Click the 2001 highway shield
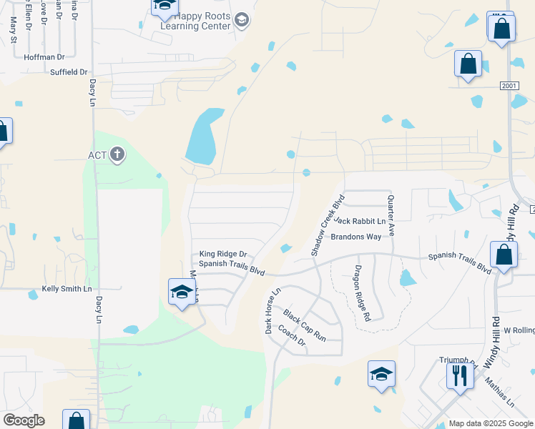click(509, 85)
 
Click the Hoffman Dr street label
click(44, 56)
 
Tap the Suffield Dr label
click(68, 72)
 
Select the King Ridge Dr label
click(222, 254)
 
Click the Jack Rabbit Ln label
click(359, 222)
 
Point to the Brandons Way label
click(355, 237)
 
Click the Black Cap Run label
click(304, 325)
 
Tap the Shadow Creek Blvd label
click(328, 225)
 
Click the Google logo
click(24, 420)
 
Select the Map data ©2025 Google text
click(491, 423)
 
